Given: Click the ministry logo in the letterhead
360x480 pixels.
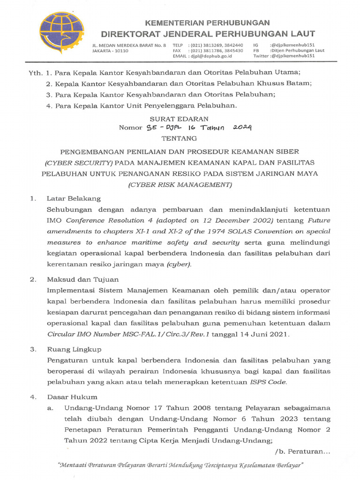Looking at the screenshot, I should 61,33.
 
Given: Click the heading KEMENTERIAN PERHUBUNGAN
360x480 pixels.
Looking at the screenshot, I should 208,22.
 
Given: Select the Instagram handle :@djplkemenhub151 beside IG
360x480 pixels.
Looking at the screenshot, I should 292,45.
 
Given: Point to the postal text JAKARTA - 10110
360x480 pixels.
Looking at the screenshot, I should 110,51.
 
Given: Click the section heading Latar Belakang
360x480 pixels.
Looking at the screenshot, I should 73,198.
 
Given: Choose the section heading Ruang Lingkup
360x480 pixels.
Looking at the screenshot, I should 74,349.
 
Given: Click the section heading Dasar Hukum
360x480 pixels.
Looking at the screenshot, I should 72,397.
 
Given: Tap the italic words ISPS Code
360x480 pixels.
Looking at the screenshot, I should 267,382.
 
